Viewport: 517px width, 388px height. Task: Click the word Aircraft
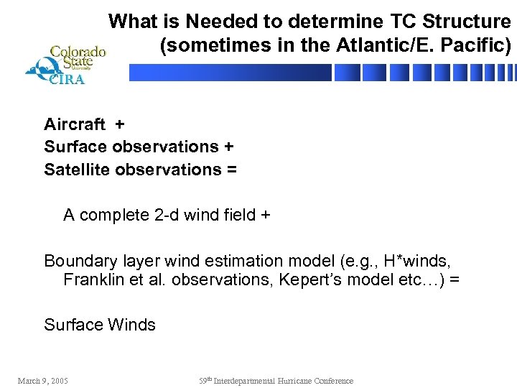[75, 124]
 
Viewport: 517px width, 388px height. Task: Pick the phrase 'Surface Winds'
[100, 325]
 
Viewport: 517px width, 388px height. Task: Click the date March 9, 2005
[43, 381]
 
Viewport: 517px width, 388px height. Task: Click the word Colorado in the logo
[77, 52]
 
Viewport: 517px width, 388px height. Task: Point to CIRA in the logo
[66, 80]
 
